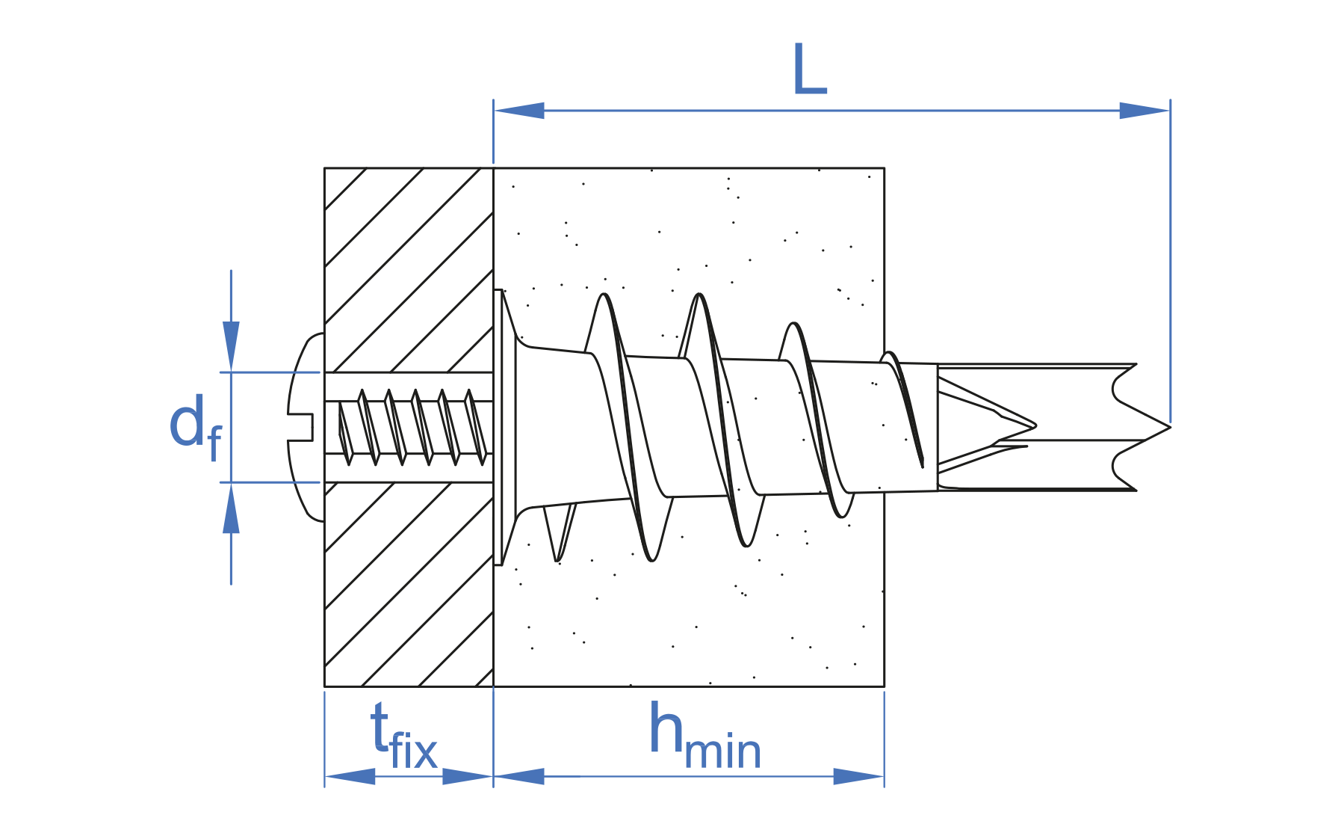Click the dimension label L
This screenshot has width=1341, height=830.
pyautogui.click(x=809, y=70)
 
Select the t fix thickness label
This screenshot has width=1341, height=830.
pyautogui.click(x=403, y=737)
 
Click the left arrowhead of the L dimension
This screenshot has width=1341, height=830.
pyautogui.click(x=518, y=111)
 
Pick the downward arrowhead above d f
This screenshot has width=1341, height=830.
pyautogui.click(x=231, y=345)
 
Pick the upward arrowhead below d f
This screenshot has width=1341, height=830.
pyautogui.click(x=231, y=508)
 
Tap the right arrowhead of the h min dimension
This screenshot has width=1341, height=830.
pyautogui.click(x=859, y=776)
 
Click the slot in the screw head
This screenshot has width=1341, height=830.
pyautogui.click(x=301, y=427)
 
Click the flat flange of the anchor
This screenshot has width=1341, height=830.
pyautogui.click(x=498, y=427)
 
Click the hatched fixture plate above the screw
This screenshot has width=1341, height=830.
pyautogui.click(x=408, y=269)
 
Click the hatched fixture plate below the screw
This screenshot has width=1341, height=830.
pyautogui.click(x=408, y=583)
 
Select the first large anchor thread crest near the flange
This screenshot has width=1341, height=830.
pyautogui.click(x=604, y=299)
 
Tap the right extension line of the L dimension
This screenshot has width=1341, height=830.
pyautogui.click(x=1170, y=262)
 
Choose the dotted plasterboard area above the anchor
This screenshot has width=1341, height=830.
pyautogui.click(x=687, y=224)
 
